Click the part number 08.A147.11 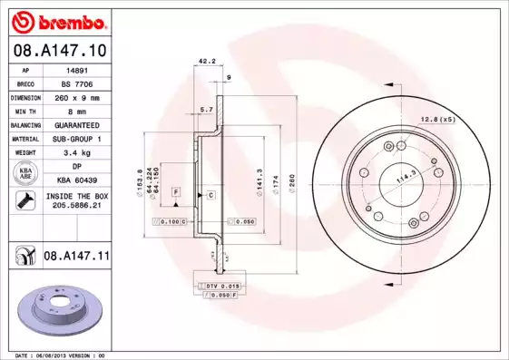tap(76, 258)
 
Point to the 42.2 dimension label tap(206, 63)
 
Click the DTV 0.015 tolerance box tap(218, 287)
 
